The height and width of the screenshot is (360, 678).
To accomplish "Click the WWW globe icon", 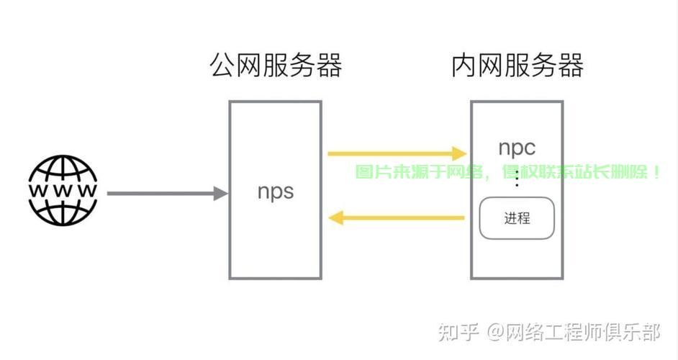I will (x=63, y=191).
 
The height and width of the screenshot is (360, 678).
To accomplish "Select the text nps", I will (x=276, y=192).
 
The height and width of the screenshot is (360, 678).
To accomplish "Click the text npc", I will (x=517, y=148).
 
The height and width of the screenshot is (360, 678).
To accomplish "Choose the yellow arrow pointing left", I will (x=396, y=217).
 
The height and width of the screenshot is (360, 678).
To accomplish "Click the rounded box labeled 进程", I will (x=517, y=218).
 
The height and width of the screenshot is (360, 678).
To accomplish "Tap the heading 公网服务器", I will (x=276, y=66).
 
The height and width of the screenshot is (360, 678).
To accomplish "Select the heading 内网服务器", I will (x=517, y=66).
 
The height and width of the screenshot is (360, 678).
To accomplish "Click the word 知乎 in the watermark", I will (x=458, y=332).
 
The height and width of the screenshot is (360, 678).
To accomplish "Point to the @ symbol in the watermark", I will (x=494, y=332).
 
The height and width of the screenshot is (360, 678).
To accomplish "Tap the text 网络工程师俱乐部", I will (x=582, y=332).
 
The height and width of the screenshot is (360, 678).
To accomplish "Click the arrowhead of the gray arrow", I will (x=221, y=193).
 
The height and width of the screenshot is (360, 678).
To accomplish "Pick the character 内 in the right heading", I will (x=464, y=66).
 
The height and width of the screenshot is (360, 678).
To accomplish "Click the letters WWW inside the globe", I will (x=63, y=191).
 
